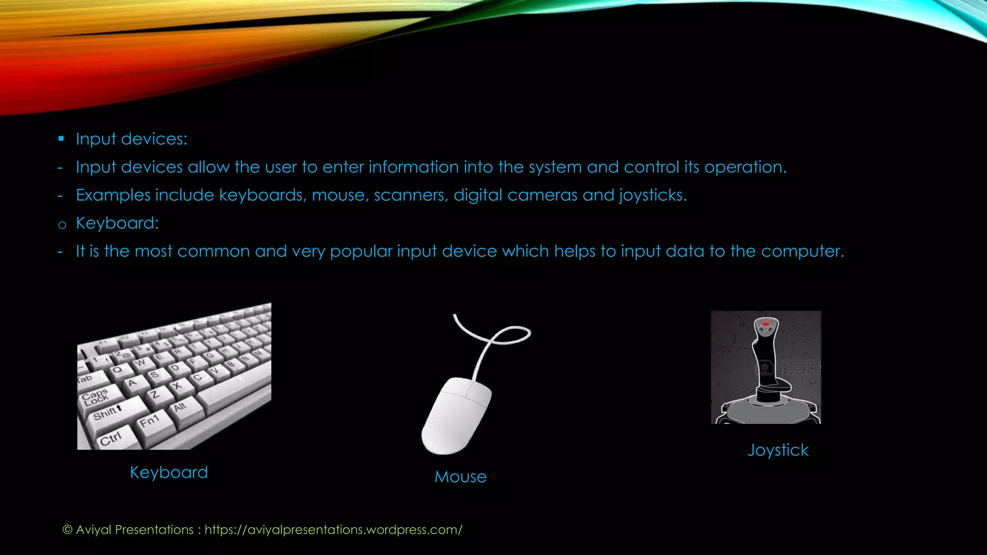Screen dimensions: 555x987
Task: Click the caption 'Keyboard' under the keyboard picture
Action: click(x=169, y=472)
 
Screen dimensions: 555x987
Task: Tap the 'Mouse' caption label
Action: click(x=460, y=476)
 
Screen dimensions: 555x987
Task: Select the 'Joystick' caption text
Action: click(x=778, y=450)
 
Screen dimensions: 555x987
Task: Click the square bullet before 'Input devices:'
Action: click(x=61, y=139)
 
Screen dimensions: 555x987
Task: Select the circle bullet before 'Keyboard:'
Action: click(x=62, y=225)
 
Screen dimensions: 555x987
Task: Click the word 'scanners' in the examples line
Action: click(x=411, y=195)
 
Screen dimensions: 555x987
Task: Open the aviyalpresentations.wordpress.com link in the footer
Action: click(x=333, y=529)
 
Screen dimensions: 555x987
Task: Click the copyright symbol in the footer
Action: click(x=67, y=529)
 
